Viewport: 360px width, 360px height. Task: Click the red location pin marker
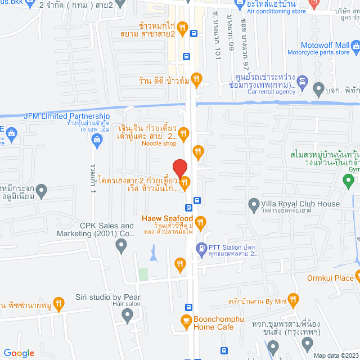pos(179,168)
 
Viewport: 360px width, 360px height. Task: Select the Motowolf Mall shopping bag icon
pos(354,45)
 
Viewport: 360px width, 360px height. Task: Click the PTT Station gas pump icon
pos(201,247)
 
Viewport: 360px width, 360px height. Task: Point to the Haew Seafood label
pos(167,219)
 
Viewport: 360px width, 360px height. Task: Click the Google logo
pos(19,353)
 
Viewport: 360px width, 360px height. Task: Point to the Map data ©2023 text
pos(335,355)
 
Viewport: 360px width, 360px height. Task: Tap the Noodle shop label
pos(160,143)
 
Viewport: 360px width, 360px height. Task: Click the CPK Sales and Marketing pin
pos(121,245)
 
